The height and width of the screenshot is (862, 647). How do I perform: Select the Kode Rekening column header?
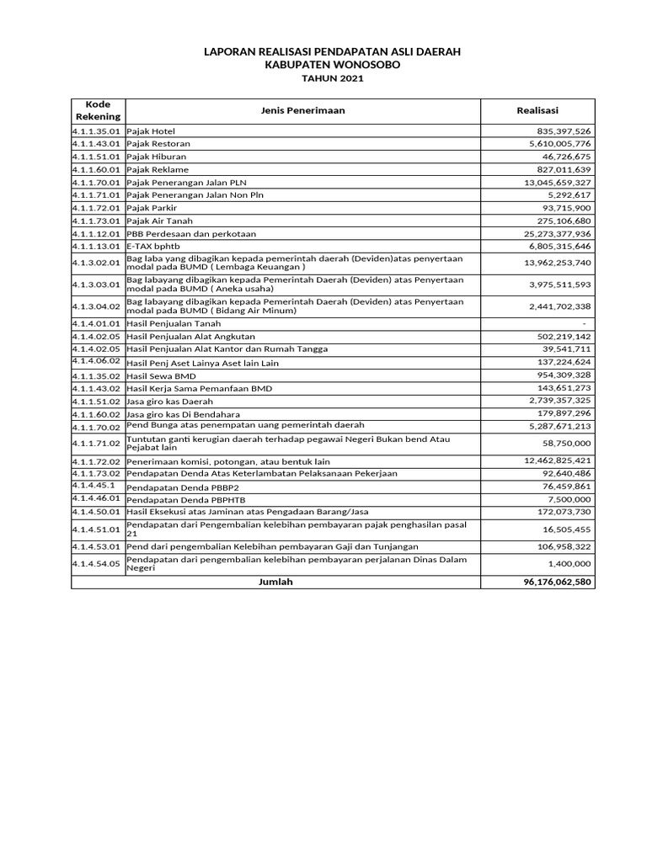[99, 110]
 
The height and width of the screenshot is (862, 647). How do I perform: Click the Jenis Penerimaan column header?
[303, 110]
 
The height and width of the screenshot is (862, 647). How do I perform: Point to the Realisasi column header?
[537, 110]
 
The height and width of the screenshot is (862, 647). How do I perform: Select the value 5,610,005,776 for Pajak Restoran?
[558, 144]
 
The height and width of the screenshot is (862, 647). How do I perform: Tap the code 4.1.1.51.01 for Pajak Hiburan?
[98, 157]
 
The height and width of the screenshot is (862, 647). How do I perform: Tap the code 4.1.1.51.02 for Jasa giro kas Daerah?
[98, 402]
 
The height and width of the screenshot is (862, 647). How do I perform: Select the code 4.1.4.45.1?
[94, 486]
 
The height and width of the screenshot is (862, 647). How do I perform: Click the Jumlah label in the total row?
[276, 582]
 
